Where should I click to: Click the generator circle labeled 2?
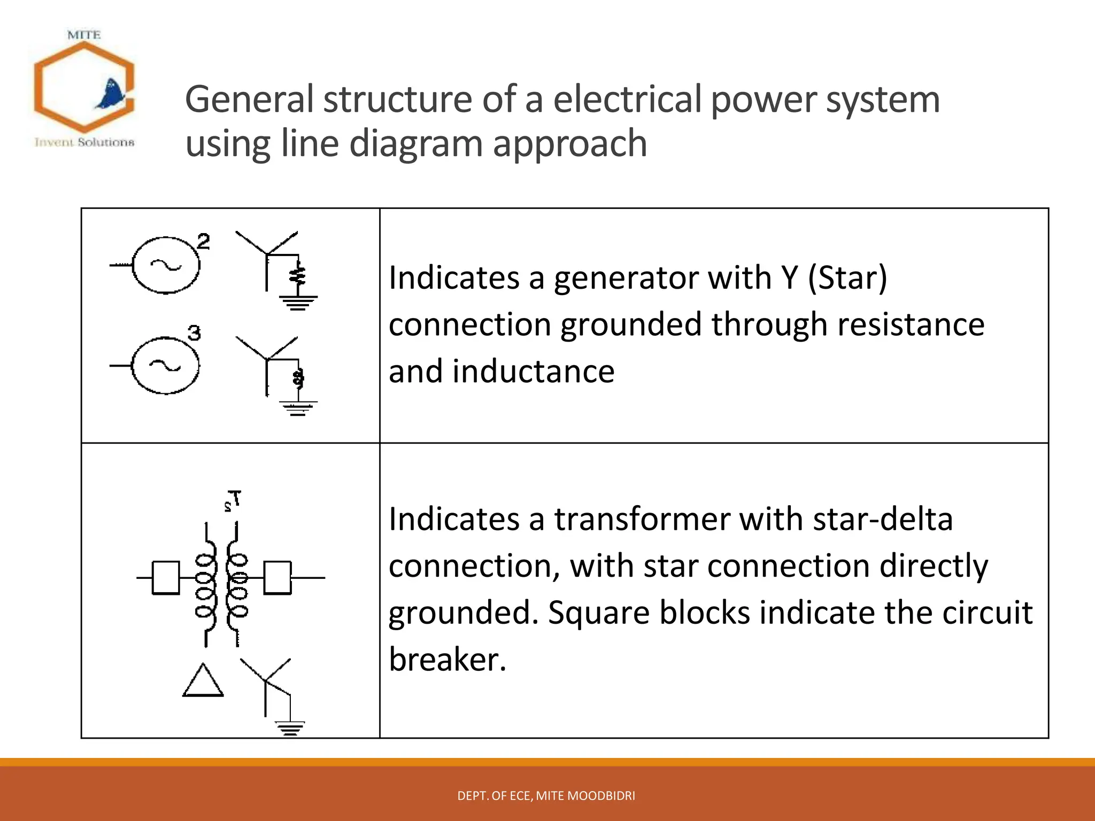[166, 265]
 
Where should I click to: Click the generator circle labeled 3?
[165, 366]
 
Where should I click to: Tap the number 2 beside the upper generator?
[203, 242]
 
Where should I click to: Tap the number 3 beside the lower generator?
[194, 333]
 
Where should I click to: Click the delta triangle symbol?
[203, 681]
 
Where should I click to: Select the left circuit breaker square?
[166, 578]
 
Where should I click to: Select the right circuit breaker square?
[277, 578]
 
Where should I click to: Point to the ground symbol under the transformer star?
[290, 728]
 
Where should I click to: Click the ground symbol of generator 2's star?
[298, 303]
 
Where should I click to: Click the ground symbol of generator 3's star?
[298, 408]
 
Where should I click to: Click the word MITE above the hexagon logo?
[84, 35]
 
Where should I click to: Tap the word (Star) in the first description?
[847, 278]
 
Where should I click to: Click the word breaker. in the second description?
[447, 660]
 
